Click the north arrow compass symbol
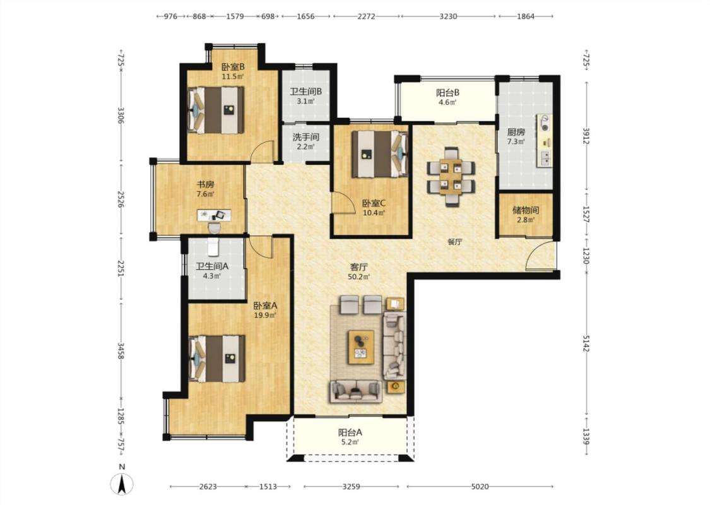122,484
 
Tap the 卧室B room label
233,67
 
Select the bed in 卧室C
379,154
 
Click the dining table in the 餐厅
451,177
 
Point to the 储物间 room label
525,210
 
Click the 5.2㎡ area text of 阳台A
350,443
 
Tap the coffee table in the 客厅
361,347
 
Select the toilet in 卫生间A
213,247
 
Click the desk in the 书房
214,215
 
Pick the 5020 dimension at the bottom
480,487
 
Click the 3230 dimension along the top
448,16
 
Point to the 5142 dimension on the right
586,343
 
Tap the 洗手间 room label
305,137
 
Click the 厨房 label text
516,133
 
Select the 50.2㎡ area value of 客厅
358,276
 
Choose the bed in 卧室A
217,359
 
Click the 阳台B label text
448,93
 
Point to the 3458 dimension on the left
121,351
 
